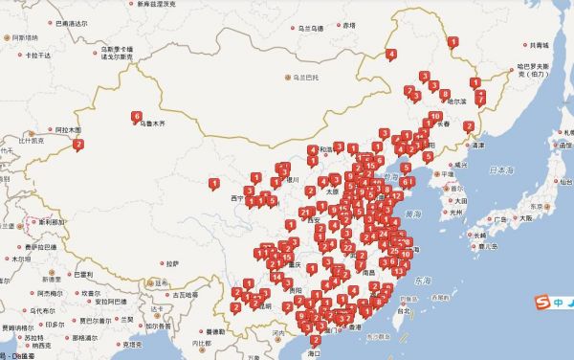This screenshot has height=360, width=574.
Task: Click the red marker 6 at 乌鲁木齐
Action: [137, 115]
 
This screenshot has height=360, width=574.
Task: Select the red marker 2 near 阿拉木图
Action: [78, 145]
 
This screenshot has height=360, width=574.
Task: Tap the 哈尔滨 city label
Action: [454, 101]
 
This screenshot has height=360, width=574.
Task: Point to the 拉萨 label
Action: [171, 263]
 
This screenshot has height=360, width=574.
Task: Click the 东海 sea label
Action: [423, 280]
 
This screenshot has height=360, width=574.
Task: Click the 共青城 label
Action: [540, 45]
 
